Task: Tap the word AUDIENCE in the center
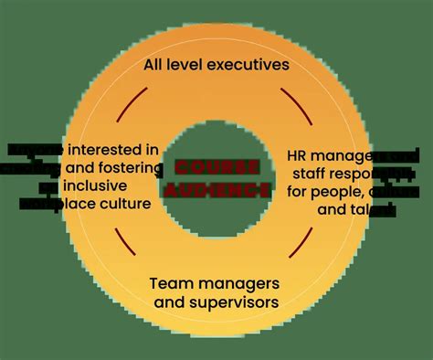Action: [216, 190]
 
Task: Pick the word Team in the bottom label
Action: [168, 283]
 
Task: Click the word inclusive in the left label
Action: [97, 185]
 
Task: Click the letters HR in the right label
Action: [299, 155]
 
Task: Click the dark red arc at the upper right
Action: [293, 101]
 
